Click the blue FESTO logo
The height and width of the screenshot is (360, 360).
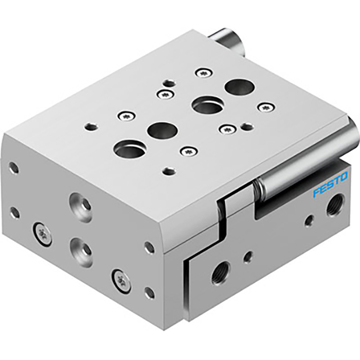point(330,185)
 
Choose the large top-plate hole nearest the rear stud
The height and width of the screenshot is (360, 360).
point(239,87)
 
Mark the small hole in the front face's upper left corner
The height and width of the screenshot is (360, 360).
point(14,168)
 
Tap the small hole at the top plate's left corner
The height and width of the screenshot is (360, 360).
point(91,125)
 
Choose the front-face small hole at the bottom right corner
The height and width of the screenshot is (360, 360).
point(149,293)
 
